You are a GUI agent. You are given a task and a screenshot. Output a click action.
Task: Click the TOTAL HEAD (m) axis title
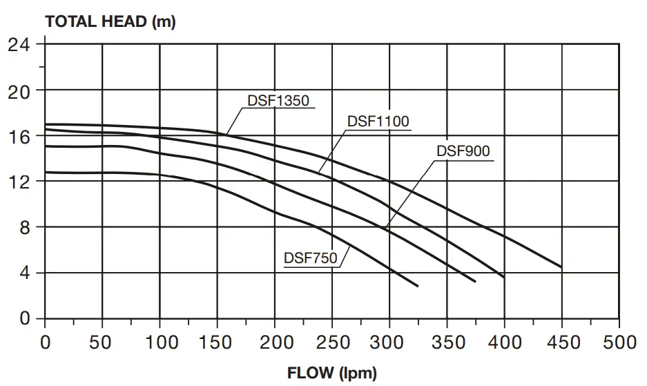[x=110, y=21]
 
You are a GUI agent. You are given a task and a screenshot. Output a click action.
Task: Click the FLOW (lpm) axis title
[x=332, y=374]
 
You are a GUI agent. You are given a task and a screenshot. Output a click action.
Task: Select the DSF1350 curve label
[x=278, y=100]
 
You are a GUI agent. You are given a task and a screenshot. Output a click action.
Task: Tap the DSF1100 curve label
[x=378, y=121]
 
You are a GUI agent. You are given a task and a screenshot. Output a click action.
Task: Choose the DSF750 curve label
[x=310, y=258]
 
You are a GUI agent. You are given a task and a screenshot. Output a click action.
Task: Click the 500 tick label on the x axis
[x=619, y=342]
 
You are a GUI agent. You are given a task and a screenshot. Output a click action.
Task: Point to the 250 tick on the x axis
[x=332, y=342]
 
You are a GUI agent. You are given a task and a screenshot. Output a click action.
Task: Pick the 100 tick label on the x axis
[x=160, y=342]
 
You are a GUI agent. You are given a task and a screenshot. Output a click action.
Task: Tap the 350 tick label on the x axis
[x=447, y=342]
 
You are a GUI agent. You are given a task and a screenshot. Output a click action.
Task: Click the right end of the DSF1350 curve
[x=561, y=267]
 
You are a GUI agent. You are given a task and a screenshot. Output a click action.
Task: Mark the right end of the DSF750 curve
[x=418, y=286]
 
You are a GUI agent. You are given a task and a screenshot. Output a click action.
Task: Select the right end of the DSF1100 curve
[x=504, y=277]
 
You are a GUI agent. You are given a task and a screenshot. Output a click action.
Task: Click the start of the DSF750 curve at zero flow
[x=46, y=172]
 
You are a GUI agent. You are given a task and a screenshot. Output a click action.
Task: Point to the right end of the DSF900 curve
[x=475, y=281]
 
